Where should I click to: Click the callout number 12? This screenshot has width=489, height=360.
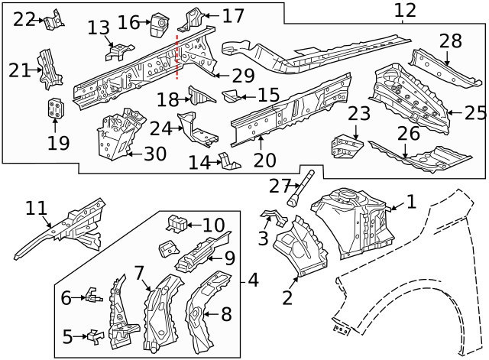point(405,11)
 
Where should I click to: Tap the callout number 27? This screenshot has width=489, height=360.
point(281,186)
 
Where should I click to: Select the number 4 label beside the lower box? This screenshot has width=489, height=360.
point(252,281)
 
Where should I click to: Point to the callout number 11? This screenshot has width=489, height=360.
point(36,208)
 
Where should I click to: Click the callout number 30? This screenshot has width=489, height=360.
point(154,154)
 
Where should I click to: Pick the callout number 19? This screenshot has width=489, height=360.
point(58,142)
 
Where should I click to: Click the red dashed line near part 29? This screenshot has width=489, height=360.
point(178,57)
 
